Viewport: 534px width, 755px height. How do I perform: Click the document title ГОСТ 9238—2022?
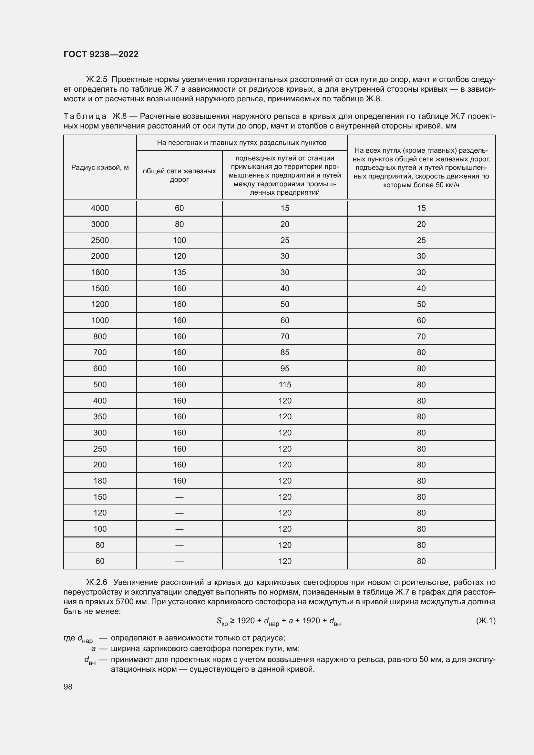click(101, 54)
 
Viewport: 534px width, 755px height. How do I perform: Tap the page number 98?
click(68, 687)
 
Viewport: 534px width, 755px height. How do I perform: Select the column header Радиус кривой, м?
click(100, 168)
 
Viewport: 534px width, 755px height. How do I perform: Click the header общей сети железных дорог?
click(179, 175)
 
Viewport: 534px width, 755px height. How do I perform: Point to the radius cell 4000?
click(100, 208)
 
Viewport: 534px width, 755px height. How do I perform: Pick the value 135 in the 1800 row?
click(179, 272)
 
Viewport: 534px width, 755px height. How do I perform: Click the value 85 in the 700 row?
click(285, 352)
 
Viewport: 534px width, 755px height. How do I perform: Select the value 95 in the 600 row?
click(285, 369)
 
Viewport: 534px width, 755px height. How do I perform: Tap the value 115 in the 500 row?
click(285, 385)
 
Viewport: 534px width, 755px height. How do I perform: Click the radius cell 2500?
click(100, 240)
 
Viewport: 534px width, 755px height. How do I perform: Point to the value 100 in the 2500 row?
click(179, 240)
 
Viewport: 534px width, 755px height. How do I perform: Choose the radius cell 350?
click(100, 417)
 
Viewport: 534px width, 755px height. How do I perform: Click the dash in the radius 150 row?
click(179, 497)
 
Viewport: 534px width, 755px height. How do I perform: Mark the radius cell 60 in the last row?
click(100, 561)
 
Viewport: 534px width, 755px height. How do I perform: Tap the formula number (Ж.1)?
click(485, 621)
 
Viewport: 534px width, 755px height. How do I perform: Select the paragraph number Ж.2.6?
click(97, 582)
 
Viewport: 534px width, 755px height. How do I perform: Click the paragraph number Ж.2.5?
click(97, 80)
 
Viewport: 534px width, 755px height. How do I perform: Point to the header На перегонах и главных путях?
click(242, 143)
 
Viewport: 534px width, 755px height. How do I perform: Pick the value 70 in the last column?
click(421, 337)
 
